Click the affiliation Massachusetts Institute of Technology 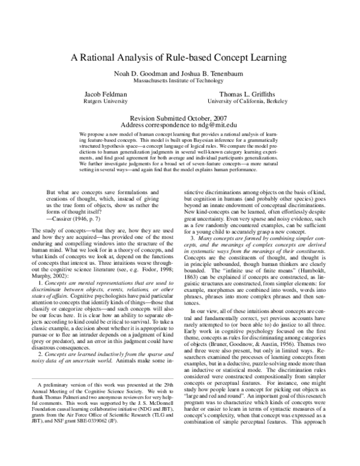180,80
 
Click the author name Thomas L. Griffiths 253,94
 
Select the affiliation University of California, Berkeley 253,101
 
